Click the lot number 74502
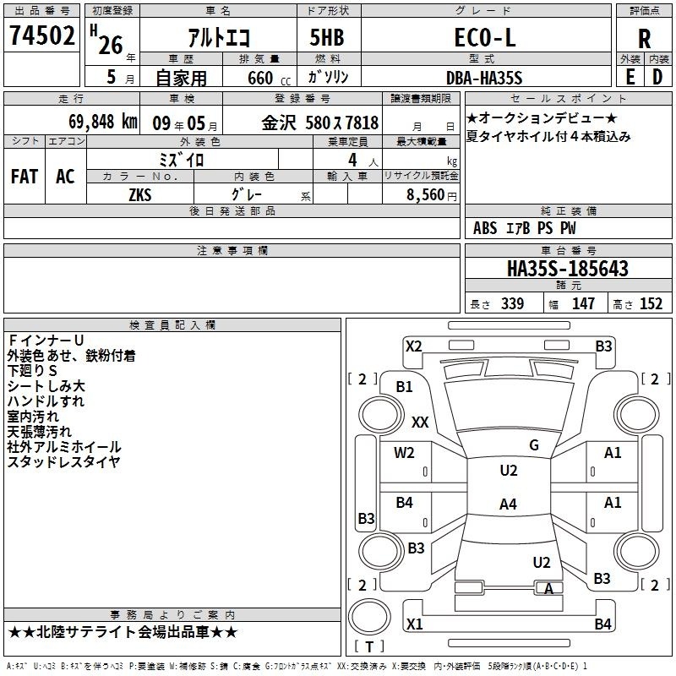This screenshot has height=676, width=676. [41, 35]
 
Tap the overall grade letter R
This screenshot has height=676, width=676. [644, 39]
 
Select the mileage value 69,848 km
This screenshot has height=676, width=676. [103, 122]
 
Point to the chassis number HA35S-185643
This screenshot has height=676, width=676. [568, 268]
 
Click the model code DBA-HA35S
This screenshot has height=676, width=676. [484, 78]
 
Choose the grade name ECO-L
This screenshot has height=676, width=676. [484, 37]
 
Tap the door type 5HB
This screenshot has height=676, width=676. [327, 37]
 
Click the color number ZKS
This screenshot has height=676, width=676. [140, 195]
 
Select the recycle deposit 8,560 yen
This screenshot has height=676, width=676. [432, 195]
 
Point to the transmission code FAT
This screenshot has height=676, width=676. [25, 177]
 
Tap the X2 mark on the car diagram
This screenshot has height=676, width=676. [414, 346]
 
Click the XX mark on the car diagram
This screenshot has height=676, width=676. [420, 422]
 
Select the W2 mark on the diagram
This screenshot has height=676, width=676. [404, 453]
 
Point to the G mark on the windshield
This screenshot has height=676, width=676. [534, 445]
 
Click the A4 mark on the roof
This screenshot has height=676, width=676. [508, 504]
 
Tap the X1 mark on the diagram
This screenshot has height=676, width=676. [414, 624]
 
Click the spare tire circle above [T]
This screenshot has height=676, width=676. [369, 617]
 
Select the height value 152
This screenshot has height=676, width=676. [651, 304]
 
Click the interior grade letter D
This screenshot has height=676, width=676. [657, 77]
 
